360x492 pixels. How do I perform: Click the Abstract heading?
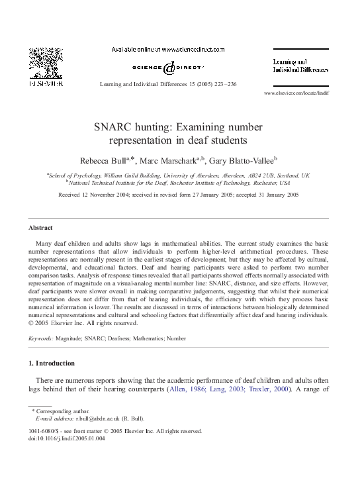point(40,227)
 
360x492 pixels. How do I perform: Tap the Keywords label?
point(40,338)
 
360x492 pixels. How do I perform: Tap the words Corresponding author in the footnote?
point(58,411)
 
